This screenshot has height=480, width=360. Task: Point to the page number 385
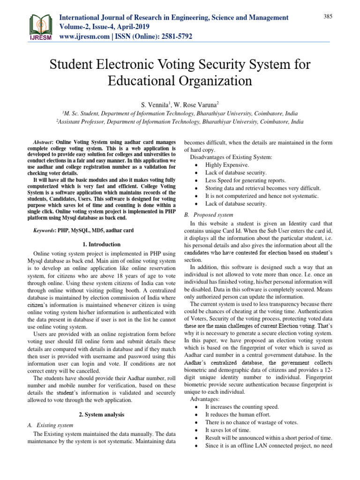(328, 17)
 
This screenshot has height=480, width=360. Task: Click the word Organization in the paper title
(207, 81)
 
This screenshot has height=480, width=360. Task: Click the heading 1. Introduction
(101, 244)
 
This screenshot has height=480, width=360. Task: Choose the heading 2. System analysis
(101, 415)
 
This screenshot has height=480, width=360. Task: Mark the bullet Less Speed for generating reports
(245, 180)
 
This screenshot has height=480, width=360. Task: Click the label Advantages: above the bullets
(205, 399)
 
